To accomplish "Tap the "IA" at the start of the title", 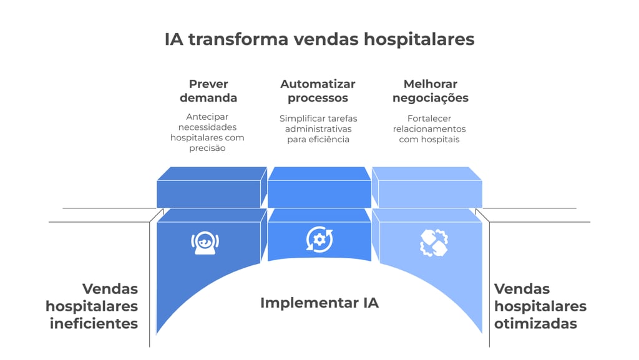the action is click(173, 39).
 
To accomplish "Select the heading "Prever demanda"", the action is click(208, 90).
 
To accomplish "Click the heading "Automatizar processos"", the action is click(318, 90).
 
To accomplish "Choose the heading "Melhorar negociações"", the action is click(430, 90).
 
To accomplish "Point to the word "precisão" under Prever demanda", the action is click(208, 148).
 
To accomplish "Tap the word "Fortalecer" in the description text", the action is click(429, 118).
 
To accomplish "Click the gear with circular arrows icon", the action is click(319, 239).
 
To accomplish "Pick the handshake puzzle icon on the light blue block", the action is click(434, 243).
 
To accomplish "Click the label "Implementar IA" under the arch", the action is click(319, 303).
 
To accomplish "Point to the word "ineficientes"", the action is click(94, 323).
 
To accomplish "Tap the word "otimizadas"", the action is click(535, 323).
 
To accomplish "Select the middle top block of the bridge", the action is click(319, 188).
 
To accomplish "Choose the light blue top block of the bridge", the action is click(428, 188).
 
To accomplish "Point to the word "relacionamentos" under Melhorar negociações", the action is click(429, 129).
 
